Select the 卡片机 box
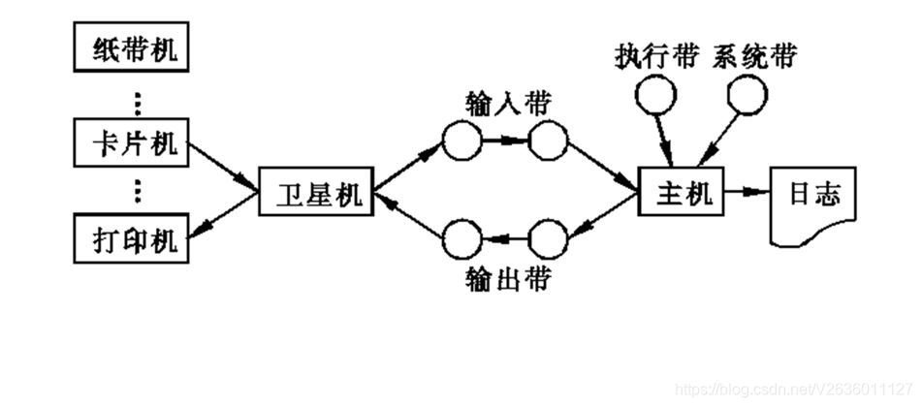(131, 144)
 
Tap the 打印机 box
(131, 240)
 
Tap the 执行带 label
(655, 57)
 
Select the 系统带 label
(754, 57)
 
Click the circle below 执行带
(654, 93)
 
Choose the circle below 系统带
(748, 93)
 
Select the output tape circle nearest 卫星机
(461, 238)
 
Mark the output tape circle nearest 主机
(548, 238)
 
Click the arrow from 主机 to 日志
(745, 193)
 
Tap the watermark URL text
(795, 389)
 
